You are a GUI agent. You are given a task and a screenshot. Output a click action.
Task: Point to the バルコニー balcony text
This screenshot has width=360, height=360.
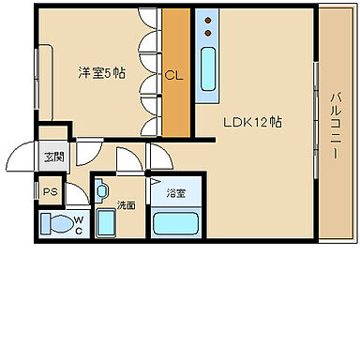coord(336,123)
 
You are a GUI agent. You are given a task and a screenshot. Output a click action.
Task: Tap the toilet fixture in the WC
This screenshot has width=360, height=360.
coord(60,224)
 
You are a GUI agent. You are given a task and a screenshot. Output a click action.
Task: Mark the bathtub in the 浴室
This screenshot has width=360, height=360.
coord(177,223)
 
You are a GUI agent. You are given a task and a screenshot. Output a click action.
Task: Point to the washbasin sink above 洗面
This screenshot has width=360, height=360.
coord(102,191)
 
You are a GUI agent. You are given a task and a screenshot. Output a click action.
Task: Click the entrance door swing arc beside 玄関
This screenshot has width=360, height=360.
coord(25,156)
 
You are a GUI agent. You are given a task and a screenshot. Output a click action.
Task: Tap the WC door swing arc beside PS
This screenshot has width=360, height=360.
coord(77,195)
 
